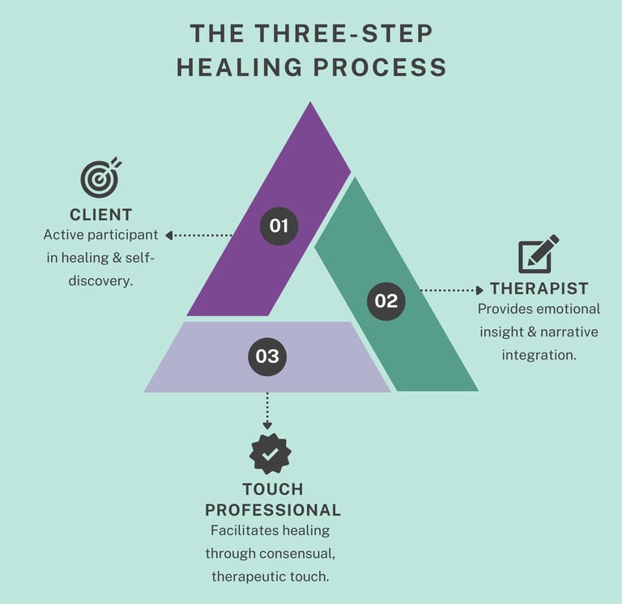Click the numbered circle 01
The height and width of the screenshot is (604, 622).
click(x=279, y=225)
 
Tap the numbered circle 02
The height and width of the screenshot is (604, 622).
click(x=386, y=301)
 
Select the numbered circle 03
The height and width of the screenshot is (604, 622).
click(x=267, y=356)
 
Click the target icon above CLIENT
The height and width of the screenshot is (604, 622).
click(x=100, y=178)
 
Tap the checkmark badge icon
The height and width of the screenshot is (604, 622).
click(x=271, y=454)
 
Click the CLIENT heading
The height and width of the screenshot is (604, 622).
click(x=100, y=215)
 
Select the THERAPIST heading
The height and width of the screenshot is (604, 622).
click(x=539, y=289)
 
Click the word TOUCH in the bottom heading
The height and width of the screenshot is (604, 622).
click(x=273, y=490)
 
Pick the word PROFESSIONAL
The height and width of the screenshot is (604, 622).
click(x=273, y=511)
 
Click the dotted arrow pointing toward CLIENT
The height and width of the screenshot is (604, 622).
click(x=198, y=235)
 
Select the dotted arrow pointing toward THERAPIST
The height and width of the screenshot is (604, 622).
click(x=452, y=289)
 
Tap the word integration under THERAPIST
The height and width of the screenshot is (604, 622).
click(x=539, y=355)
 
